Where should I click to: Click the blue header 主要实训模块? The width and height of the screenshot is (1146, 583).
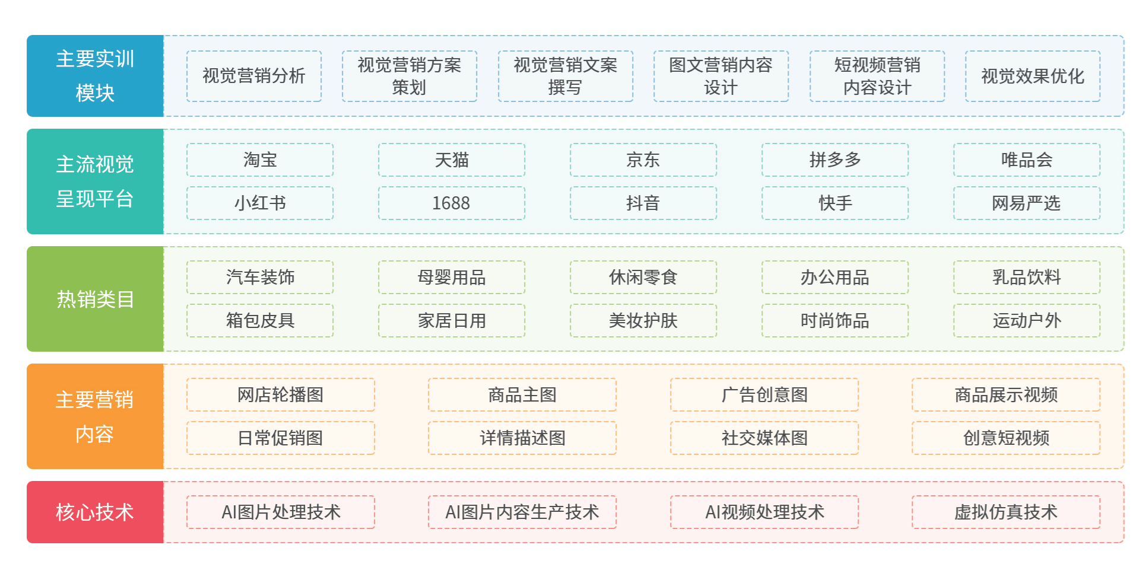[95, 76]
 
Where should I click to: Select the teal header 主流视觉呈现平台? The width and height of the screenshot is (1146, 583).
[95, 181]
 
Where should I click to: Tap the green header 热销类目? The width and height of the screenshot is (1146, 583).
[95, 299]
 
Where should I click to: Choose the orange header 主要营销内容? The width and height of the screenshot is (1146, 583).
[95, 416]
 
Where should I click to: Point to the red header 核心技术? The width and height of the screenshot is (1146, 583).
[95, 512]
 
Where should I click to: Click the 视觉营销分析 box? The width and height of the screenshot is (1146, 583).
[254, 76]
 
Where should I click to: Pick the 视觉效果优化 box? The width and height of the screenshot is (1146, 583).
[1033, 76]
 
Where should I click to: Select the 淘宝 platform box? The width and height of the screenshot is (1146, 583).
[260, 160]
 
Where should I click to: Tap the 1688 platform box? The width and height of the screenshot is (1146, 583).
[452, 203]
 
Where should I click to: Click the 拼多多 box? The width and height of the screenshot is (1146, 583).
[835, 160]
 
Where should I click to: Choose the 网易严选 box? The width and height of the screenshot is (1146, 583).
[1027, 203]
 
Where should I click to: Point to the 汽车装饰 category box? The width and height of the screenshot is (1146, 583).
[260, 277]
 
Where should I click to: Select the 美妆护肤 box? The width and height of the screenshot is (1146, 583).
[643, 321]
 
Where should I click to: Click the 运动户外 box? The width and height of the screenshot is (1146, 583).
[1027, 321]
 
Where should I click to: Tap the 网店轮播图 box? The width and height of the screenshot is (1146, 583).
[281, 394]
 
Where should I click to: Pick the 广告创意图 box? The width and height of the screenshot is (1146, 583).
[764, 394]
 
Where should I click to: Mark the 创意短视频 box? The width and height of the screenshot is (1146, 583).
[1006, 438]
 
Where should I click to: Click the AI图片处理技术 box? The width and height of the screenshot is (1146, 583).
[281, 512]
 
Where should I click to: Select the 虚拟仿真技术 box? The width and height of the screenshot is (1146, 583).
[1006, 512]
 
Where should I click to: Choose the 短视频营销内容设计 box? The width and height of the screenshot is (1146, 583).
[877, 76]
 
